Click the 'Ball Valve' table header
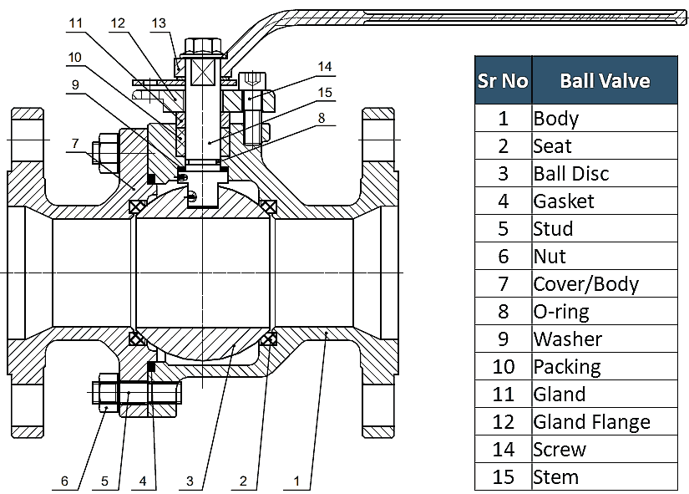(605, 80)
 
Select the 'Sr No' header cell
(503, 80)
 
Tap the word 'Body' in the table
(555, 118)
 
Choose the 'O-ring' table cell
(560, 312)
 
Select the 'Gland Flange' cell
(591, 422)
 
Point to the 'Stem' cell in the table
(555, 477)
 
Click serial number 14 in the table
(503, 450)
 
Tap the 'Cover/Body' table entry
(585, 284)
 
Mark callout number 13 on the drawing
(159, 23)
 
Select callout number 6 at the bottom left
(64, 481)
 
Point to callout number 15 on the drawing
(325, 92)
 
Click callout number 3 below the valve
(190, 481)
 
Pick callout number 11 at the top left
(76, 23)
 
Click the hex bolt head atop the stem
(201, 46)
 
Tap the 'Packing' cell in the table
(566, 367)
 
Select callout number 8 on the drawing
(321, 118)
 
